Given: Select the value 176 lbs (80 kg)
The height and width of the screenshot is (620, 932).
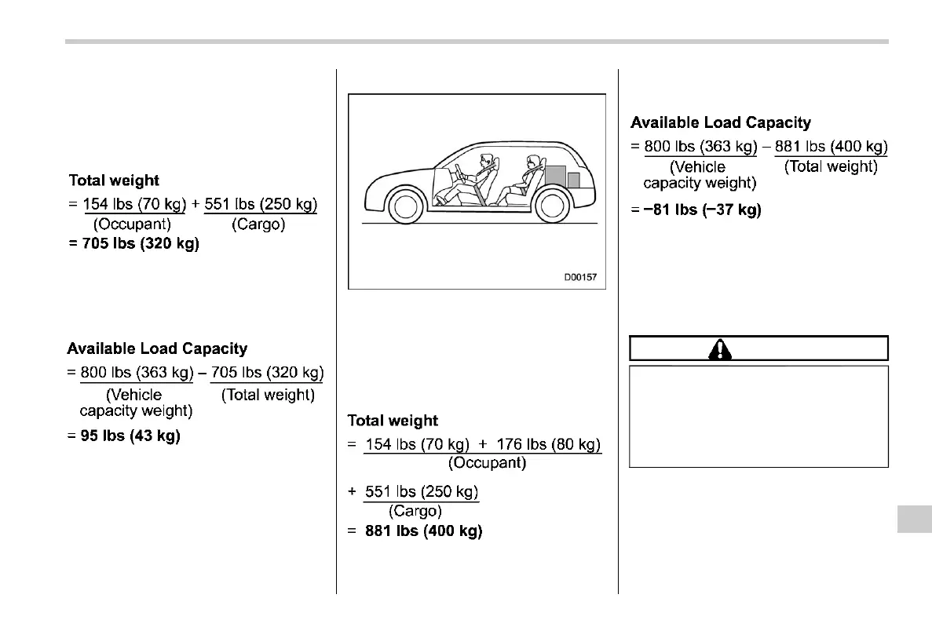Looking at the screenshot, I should (549, 445).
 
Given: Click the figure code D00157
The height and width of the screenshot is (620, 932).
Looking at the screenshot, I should (580, 277).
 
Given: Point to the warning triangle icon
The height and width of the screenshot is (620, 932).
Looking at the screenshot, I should (720, 348).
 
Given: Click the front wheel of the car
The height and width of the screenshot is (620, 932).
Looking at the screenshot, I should (405, 206).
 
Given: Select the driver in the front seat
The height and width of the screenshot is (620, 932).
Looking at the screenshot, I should (480, 173).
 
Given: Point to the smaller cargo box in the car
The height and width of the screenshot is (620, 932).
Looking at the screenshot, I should (574, 181).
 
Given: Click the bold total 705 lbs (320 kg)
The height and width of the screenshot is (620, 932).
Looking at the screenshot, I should (133, 243).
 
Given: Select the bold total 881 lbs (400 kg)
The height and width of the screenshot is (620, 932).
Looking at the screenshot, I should (423, 531).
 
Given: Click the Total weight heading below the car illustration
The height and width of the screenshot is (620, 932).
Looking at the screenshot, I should (393, 421).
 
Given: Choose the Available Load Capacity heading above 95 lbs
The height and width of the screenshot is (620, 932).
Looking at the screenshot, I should (157, 348).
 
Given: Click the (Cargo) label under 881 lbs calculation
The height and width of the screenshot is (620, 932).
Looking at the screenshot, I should (415, 511).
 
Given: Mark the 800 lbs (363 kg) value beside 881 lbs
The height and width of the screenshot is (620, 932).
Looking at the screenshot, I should (700, 147).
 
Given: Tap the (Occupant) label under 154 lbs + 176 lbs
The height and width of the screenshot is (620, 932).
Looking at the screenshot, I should (487, 463).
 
